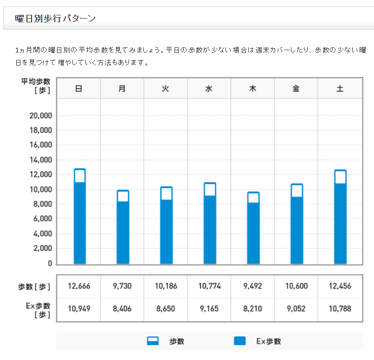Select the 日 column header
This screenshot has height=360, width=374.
(79, 89)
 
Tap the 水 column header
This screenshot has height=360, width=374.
(209, 89)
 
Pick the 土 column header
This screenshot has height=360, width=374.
(340, 89)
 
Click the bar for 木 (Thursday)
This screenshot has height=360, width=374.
(253, 232)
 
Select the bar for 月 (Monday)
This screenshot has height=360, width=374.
(123, 232)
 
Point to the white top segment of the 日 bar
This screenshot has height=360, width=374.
(79, 176)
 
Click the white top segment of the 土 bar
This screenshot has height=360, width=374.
(340, 177)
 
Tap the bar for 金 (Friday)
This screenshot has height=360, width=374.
(297, 230)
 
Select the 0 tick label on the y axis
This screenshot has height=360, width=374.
(50, 263)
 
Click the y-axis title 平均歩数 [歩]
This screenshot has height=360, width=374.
(36, 85)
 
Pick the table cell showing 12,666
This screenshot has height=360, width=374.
(79, 286)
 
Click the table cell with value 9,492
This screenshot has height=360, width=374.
(253, 286)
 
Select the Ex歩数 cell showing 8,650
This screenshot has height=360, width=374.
(166, 308)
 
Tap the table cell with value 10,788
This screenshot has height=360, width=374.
(340, 308)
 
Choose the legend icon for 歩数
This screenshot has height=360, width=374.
(153, 341)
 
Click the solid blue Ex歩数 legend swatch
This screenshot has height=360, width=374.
(239, 341)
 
